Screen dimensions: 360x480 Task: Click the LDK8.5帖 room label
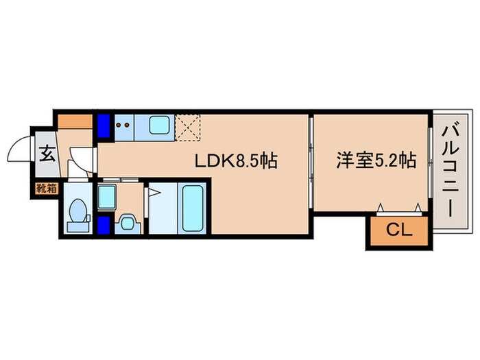pos(237,162)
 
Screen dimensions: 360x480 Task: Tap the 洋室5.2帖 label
pos(376,162)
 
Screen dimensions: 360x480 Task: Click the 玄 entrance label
pos(45,153)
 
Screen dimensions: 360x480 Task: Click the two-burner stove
pos(125,126)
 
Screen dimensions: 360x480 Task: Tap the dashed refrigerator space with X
pos(189,126)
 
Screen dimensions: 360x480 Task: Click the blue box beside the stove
pos(104,126)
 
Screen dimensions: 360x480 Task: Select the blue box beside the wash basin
pos(104,224)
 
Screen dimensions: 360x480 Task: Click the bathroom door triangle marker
pos(154,193)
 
